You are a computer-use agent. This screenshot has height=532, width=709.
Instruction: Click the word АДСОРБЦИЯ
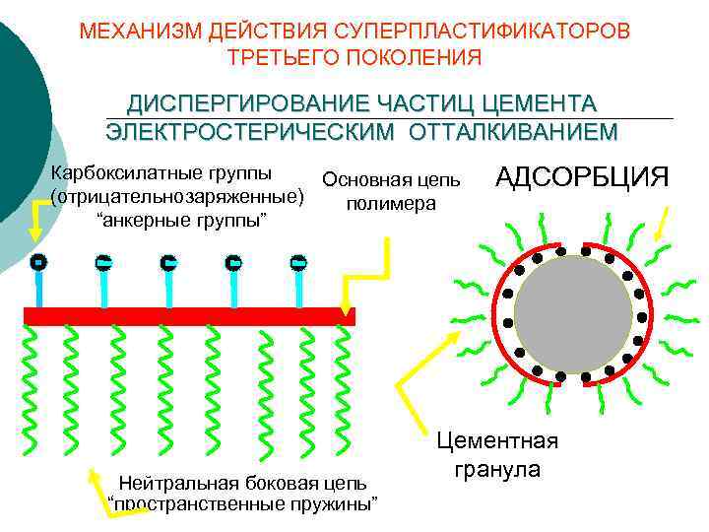click(x=582, y=177)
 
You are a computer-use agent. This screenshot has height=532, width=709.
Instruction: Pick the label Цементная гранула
click(x=496, y=454)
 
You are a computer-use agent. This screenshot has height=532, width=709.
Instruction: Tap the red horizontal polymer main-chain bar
click(x=188, y=316)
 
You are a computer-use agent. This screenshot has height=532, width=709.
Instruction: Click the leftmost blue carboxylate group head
click(x=36, y=263)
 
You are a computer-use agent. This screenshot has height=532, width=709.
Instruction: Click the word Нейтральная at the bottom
click(x=163, y=483)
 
